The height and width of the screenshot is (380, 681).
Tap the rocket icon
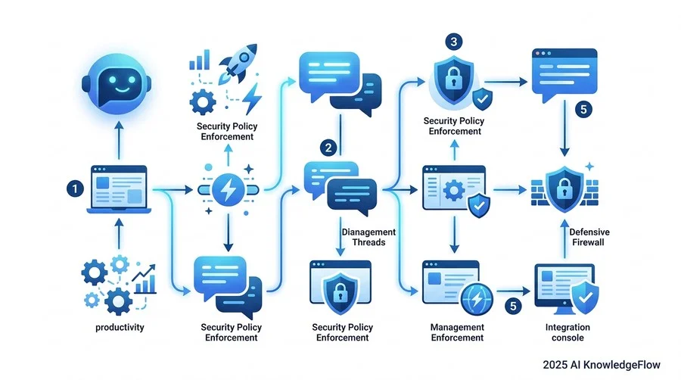[x=238, y=63]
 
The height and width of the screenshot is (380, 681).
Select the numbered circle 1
[x=75, y=189]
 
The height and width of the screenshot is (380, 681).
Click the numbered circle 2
[x=328, y=148]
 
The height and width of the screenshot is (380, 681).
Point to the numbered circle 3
[x=454, y=42]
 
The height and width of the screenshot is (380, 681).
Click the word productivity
[x=120, y=328]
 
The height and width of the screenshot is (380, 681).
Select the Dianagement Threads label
[x=368, y=237]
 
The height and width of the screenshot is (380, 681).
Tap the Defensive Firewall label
[x=589, y=237]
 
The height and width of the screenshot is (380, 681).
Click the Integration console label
[x=567, y=332]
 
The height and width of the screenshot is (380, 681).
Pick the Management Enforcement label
[x=457, y=332]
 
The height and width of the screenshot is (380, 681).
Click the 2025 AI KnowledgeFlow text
[x=602, y=365]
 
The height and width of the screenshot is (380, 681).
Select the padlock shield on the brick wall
[x=564, y=188]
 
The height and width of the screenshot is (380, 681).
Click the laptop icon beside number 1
[x=119, y=189]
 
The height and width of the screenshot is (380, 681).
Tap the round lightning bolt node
[x=229, y=190]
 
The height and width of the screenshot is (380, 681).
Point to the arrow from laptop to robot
[x=119, y=140]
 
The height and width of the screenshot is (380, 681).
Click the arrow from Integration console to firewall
[x=564, y=239]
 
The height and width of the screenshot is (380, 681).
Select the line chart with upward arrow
[x=145, y=279]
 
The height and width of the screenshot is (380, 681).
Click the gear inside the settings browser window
[x=454, y=190]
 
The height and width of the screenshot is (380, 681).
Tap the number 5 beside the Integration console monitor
[x=513, y=306]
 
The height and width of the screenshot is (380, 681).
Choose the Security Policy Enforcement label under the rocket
[x=227, y=131]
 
